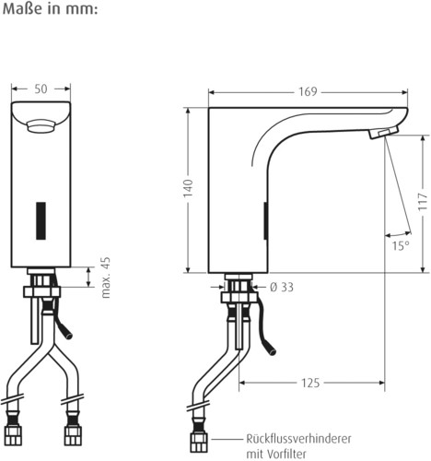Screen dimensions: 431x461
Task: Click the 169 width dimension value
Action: point(308,92)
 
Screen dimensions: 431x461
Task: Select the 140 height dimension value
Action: point(188,188)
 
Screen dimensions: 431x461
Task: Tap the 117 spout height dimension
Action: point(423,202)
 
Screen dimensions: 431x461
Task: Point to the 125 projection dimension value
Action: point(310,383)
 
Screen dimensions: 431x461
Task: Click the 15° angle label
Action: point(401,246)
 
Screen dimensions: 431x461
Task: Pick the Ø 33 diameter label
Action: point(282,288)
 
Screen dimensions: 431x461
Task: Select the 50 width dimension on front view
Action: point(41,89)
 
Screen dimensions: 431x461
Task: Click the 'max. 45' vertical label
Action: point(105,278)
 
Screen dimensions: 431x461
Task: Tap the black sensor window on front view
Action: point(41,220)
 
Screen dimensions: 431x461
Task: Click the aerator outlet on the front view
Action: point(41,126)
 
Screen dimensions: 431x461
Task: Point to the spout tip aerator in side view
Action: point(383,133)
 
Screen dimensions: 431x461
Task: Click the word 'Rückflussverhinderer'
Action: point(298,439)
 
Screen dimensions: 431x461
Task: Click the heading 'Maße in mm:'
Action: point(50,9)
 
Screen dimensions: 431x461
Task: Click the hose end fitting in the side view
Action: point(199,442)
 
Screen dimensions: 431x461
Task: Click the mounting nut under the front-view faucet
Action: point(41,291)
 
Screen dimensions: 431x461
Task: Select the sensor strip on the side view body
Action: point(266,220)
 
